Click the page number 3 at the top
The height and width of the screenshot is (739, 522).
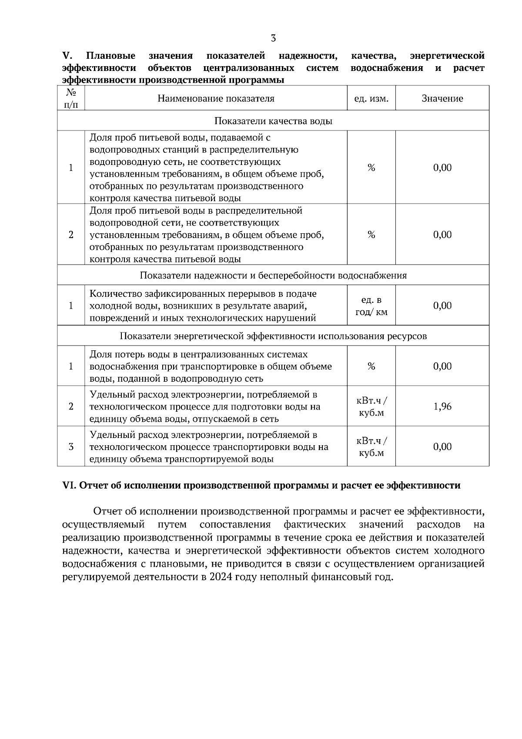point(273,38)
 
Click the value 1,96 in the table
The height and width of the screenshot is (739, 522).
point(442,406)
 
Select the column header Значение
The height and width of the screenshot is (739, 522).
point(442,98)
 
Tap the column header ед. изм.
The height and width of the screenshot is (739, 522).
point(371,98)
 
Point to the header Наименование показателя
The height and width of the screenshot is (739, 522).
point(216,98)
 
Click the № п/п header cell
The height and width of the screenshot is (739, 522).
point(71,98)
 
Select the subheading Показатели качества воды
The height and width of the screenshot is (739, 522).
point(273,121)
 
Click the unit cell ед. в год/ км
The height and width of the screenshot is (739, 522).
point(371,306)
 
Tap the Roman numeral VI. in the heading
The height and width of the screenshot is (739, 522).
point(70,486)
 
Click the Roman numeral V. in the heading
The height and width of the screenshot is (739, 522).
point(67,56)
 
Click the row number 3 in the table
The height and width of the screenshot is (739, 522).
point(71,447)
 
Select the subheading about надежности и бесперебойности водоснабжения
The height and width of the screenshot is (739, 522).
point(273,275)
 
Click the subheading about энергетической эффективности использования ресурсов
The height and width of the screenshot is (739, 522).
point(273,336)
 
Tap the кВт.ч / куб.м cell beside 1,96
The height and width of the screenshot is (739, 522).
point(371,406)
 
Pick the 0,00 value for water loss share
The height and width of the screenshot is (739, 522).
point(442,366)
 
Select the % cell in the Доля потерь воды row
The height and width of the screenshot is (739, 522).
point(371,366)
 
